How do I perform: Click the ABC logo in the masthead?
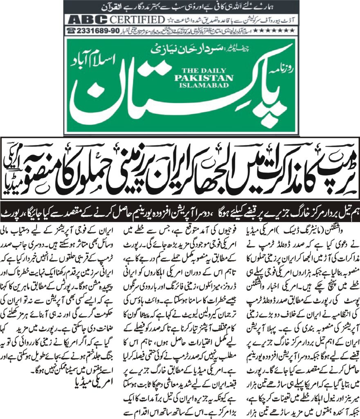(88, 20)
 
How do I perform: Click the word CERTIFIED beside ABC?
(135, 20)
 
